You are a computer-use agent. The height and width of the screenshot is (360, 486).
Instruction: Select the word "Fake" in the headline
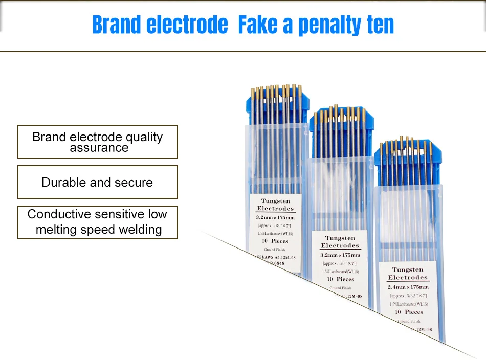pos(260,25)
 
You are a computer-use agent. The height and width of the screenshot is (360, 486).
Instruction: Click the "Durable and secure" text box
pos(97,182)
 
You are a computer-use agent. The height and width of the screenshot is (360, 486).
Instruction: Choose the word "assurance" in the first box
pos(99,148)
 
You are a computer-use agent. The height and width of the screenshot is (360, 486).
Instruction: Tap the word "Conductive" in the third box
pos(59,214)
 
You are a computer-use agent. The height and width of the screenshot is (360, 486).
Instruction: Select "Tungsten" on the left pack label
pos(275,201)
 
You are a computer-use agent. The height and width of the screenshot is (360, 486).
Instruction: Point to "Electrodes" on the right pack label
pos(408,278)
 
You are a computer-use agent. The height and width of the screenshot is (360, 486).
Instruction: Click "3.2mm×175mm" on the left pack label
pos(275,217)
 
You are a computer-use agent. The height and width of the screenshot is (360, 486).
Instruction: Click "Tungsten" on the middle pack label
pos(340,238)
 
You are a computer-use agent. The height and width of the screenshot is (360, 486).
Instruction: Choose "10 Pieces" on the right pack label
pos(408,312)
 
